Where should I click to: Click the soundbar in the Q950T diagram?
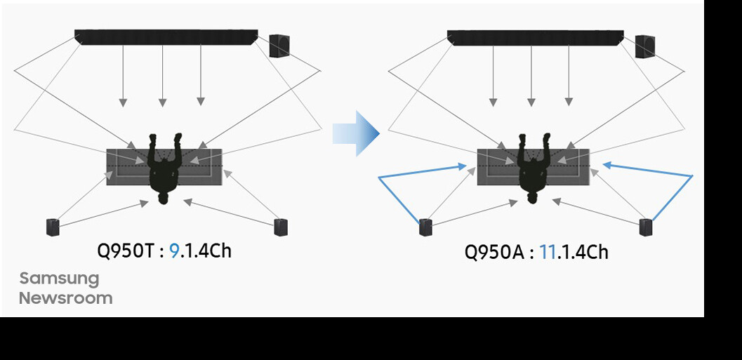(x=166, y=37)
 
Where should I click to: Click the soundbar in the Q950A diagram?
(x=535, y=38)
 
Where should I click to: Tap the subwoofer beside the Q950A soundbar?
(x=645, y=46)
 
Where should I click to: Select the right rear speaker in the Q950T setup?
(x=281, y=226)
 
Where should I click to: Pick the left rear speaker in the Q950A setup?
(x=425, y=227)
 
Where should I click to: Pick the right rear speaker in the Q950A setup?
(x=646, y=227)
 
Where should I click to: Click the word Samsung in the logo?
(x=59, y=278)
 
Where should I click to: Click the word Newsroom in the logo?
(x=65, y=298)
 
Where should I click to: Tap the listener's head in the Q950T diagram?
(x=164, y=198)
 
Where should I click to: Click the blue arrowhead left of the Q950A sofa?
(x=462, y=166)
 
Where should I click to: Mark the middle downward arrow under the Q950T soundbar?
(x=162, y=102)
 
